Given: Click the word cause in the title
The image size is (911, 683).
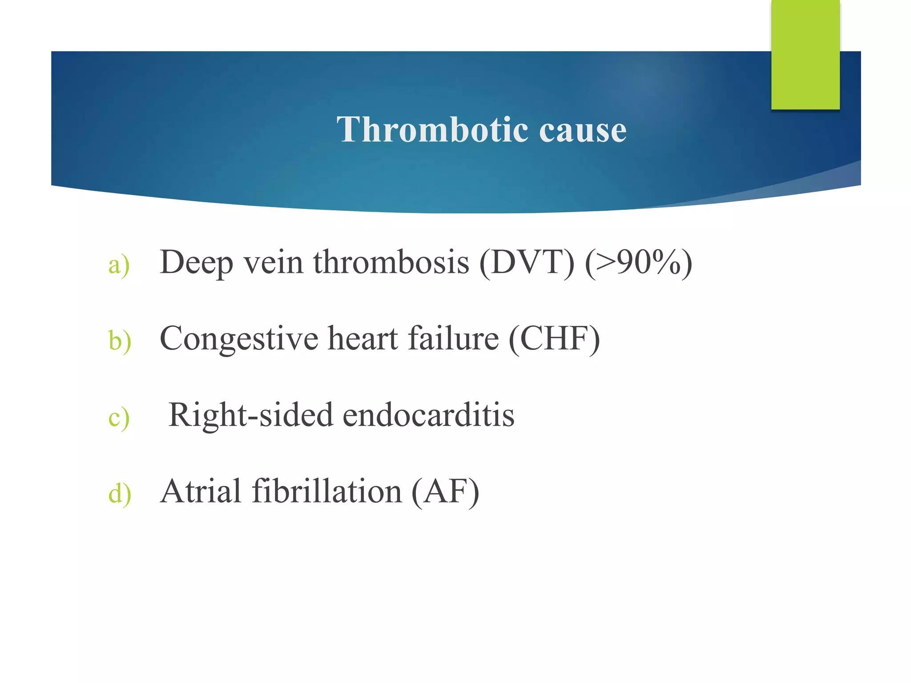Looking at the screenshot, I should pos(583,130).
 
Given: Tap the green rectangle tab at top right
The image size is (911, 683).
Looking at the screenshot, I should pos(805,55).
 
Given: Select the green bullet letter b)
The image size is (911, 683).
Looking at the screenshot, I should pos(120,341).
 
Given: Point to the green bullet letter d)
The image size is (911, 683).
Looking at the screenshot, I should pos(120,494).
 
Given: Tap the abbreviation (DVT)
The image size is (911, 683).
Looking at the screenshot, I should pos(527,262).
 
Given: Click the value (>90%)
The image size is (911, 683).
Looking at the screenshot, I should pos(638,262).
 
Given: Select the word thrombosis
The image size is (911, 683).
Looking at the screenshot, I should pos(391,262).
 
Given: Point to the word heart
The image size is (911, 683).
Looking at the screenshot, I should pos(363,339).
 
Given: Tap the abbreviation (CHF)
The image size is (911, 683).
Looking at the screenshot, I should pos(554,339).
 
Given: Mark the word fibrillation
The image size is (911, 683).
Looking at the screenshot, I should pos(327,491).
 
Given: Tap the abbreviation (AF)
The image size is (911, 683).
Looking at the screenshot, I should pos(445,491).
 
